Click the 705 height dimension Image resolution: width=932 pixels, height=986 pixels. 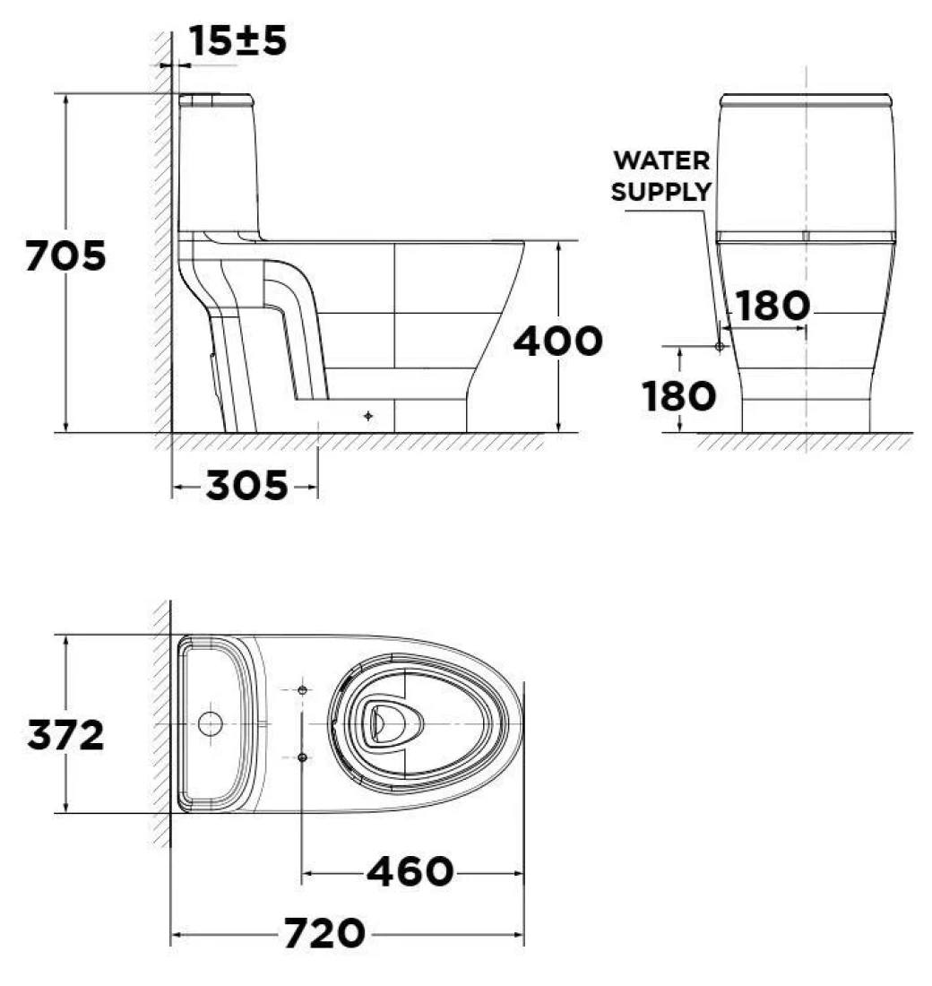(x=65, y=256)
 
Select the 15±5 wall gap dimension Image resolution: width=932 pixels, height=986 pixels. (x=238, y=40)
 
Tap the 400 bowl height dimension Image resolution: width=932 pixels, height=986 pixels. (x=557, y=342)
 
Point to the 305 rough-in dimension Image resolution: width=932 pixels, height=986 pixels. (x=246, y=487)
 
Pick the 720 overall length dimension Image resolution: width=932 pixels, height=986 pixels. (x=324, y=935)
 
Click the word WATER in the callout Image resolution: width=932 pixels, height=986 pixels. (x=661, y=161)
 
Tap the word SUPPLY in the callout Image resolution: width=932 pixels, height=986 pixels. (x=661, y=191)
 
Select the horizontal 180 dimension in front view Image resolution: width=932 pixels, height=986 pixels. (x=772, y=307)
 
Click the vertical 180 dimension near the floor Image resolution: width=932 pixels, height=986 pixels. (x=679, y=395)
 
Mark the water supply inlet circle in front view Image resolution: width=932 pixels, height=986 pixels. (x=719, y=345)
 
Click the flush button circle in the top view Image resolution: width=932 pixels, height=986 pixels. (x=209, y=723)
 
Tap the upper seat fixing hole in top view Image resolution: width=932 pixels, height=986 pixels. (x=302, y=689)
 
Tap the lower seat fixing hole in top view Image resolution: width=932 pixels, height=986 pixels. (x=302, y=757)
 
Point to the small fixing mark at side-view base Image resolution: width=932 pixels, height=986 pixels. (x=368, y=416)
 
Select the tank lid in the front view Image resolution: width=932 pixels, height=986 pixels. (x=805, y=99)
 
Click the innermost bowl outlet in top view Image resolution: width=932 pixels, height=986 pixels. (x=384, y=722)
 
